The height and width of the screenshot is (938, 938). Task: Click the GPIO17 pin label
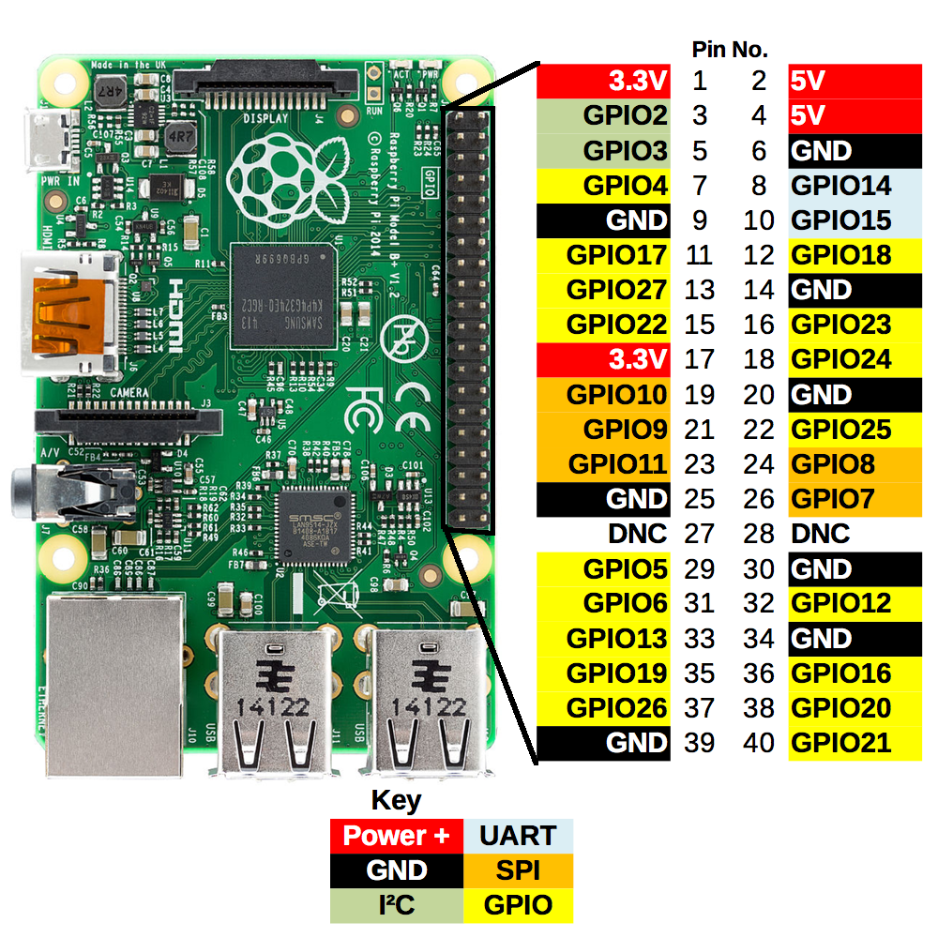[616, 255]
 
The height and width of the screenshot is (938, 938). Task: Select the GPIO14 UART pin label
[840, 185]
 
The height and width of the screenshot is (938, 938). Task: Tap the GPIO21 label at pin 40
[840, 743]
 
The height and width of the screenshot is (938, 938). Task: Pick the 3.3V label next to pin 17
[638, 359]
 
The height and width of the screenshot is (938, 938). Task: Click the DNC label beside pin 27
[637, 534]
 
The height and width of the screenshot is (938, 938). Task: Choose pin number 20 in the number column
[758, 395]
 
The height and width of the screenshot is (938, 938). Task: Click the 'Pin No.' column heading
[730, 50]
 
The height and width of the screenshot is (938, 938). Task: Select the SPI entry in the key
[518, 870]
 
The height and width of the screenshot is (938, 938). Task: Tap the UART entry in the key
[518, 835]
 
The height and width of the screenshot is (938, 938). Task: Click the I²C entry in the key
[397, 905]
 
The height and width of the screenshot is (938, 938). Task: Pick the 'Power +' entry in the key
[397, 835]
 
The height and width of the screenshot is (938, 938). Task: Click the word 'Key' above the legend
[397, 801]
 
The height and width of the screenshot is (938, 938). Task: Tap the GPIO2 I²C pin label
[625, 115]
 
